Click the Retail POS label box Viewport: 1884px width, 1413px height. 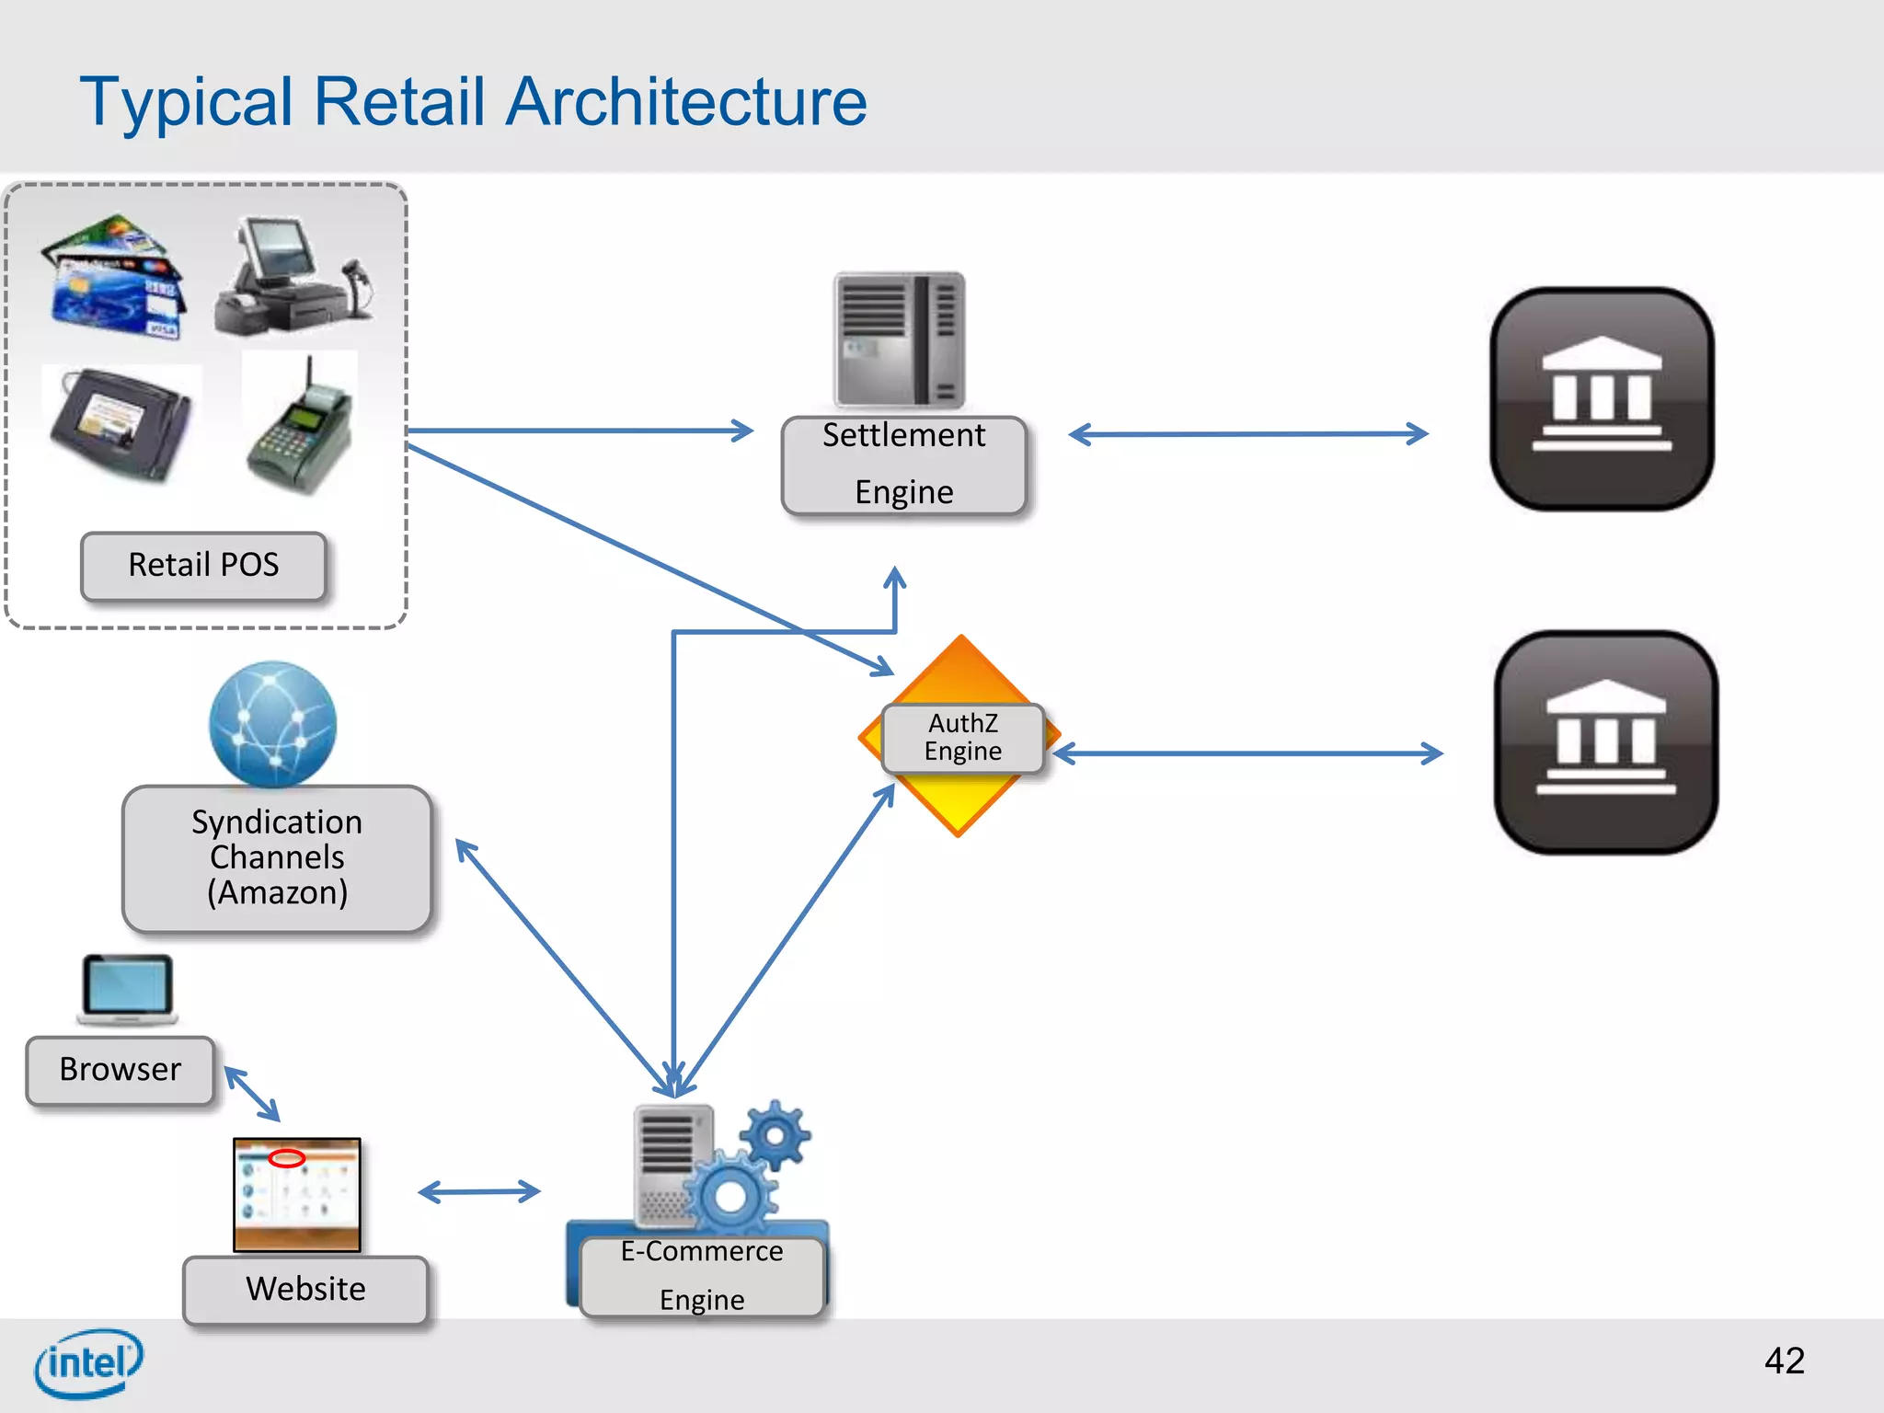coord(203,566)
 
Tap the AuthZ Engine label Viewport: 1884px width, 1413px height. coord(962,738)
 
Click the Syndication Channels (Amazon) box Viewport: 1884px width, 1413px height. coord(277,858)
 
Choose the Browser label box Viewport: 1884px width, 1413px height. coord(121,1070)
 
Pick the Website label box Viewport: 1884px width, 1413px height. coord(305,1289)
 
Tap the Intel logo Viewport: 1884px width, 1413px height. coord(88,1362)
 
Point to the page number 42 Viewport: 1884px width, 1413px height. coord(1784,1361)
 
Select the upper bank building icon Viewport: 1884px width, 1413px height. coord(1602,398)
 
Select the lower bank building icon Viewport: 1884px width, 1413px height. coord(1605,741)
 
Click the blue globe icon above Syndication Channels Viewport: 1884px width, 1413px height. coord(272,724)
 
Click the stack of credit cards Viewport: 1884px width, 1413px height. coord(115,276)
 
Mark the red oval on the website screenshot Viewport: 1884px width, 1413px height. coord(286,1158)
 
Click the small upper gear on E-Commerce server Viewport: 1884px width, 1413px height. coord(775,1135)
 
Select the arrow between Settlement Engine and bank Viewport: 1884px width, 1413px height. coord(1248,434)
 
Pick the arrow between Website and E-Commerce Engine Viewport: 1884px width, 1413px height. coord(478,1192)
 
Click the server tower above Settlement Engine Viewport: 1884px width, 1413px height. coord(899,339)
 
